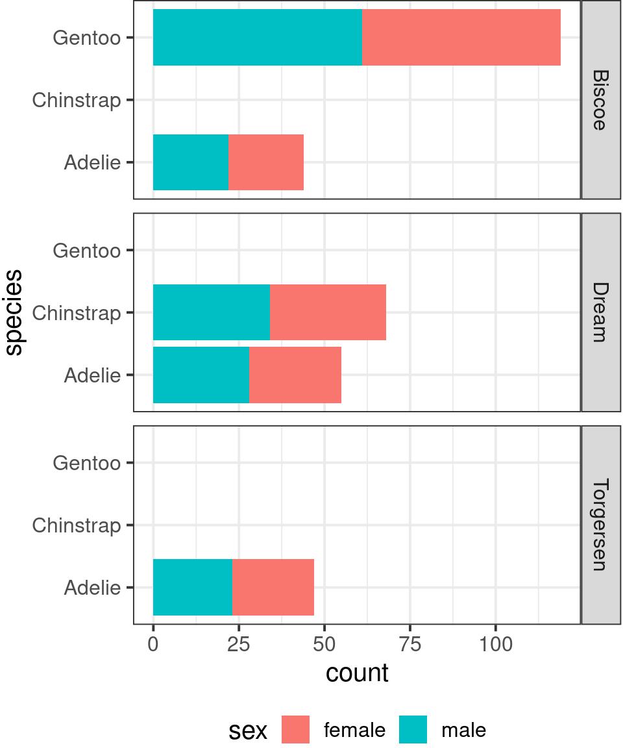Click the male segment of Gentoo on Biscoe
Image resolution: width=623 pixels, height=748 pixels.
pyautogui.click(x=258, y=37)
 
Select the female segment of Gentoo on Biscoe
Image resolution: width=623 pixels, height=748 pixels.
pyautogui.click(x=461, y=37)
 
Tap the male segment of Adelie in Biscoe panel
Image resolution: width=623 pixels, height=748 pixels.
pyautogui.click(x=191, y=162)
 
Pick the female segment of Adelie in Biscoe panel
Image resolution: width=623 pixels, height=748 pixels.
pyautogui.click(x=266, y=162)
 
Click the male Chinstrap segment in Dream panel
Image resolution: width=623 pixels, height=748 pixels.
pyautogui.click(x=212, y=312)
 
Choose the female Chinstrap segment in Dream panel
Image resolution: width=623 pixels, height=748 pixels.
pyautogui.click(x=328, y=312)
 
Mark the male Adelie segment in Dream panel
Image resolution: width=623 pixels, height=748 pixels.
pyautogui.click(x=201, y=375)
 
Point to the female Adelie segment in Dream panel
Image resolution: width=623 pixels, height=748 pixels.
pyautogui.click(x=295, y=375)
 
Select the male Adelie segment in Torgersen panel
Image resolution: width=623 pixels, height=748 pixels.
pyautogui.click(x=193, y=588)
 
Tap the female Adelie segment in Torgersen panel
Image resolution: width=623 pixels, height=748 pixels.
pyautogui.click(x=273, y=588)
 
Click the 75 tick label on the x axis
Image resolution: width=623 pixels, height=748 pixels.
pyautogui.click(x=410, y=645)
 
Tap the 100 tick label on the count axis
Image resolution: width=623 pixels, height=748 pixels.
pyautogui.click(x=496, y=645)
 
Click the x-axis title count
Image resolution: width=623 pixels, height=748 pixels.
pyautogui.click(x=357, y=673)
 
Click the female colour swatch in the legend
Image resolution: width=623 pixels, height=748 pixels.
pyautogui.click(x=296, y=730)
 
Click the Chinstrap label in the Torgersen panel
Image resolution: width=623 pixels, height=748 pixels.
pyautogui.click(x=77, y=525)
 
